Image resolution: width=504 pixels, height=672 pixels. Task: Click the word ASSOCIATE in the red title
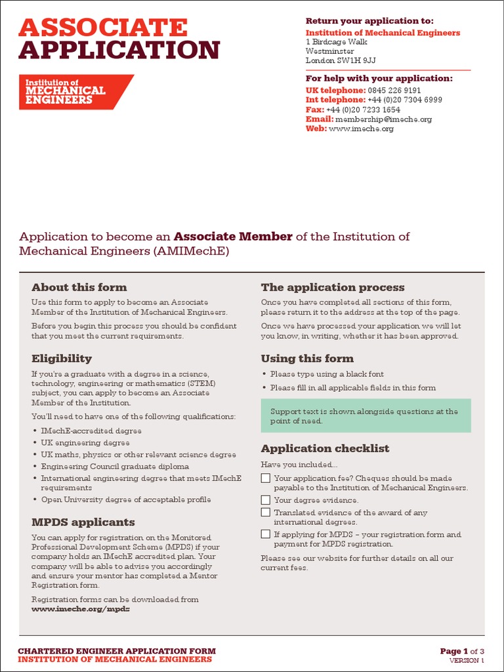tap(103, 28)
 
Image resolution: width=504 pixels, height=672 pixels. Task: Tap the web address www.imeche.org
tap(361, 129)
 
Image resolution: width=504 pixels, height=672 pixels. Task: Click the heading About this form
tap(79, 287)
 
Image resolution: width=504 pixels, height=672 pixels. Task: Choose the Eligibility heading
tap(62, 358)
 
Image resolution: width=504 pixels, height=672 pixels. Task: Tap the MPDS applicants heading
tap(83, 522)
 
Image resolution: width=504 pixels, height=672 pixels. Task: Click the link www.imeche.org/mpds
tap(81, 608)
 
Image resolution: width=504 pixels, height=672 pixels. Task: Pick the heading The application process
tap(333, 287)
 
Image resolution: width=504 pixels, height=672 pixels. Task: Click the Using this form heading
tap(307, 358)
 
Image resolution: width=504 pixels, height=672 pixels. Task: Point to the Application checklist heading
tap(325, 448)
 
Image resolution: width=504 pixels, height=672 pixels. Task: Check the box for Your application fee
tap(265, 478)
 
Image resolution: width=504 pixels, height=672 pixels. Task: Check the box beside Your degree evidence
tap(265, 500)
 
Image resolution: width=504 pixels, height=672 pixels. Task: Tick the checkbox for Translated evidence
tap(265, 512)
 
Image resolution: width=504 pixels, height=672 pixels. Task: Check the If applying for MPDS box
tap(265, 534)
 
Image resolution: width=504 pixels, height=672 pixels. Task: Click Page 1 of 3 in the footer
tap(462, 651)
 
